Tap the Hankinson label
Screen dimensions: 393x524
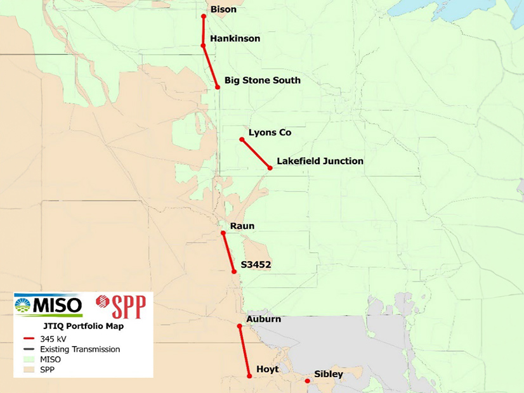235,39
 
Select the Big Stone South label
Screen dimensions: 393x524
262,81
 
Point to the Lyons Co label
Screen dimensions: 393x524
270,132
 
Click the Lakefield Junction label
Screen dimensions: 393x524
320,161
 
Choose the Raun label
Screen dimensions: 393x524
242,226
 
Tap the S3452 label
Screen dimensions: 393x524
256,265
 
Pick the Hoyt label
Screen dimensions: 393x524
267,369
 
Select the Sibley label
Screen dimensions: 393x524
329,374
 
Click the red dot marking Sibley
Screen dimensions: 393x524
307,381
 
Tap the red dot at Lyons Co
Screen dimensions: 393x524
242,139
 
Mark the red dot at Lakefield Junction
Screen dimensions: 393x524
270,168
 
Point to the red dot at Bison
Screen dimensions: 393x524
204,16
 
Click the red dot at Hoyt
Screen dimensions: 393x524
249,377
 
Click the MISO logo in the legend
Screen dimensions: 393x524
49,305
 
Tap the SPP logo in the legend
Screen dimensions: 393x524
121,307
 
